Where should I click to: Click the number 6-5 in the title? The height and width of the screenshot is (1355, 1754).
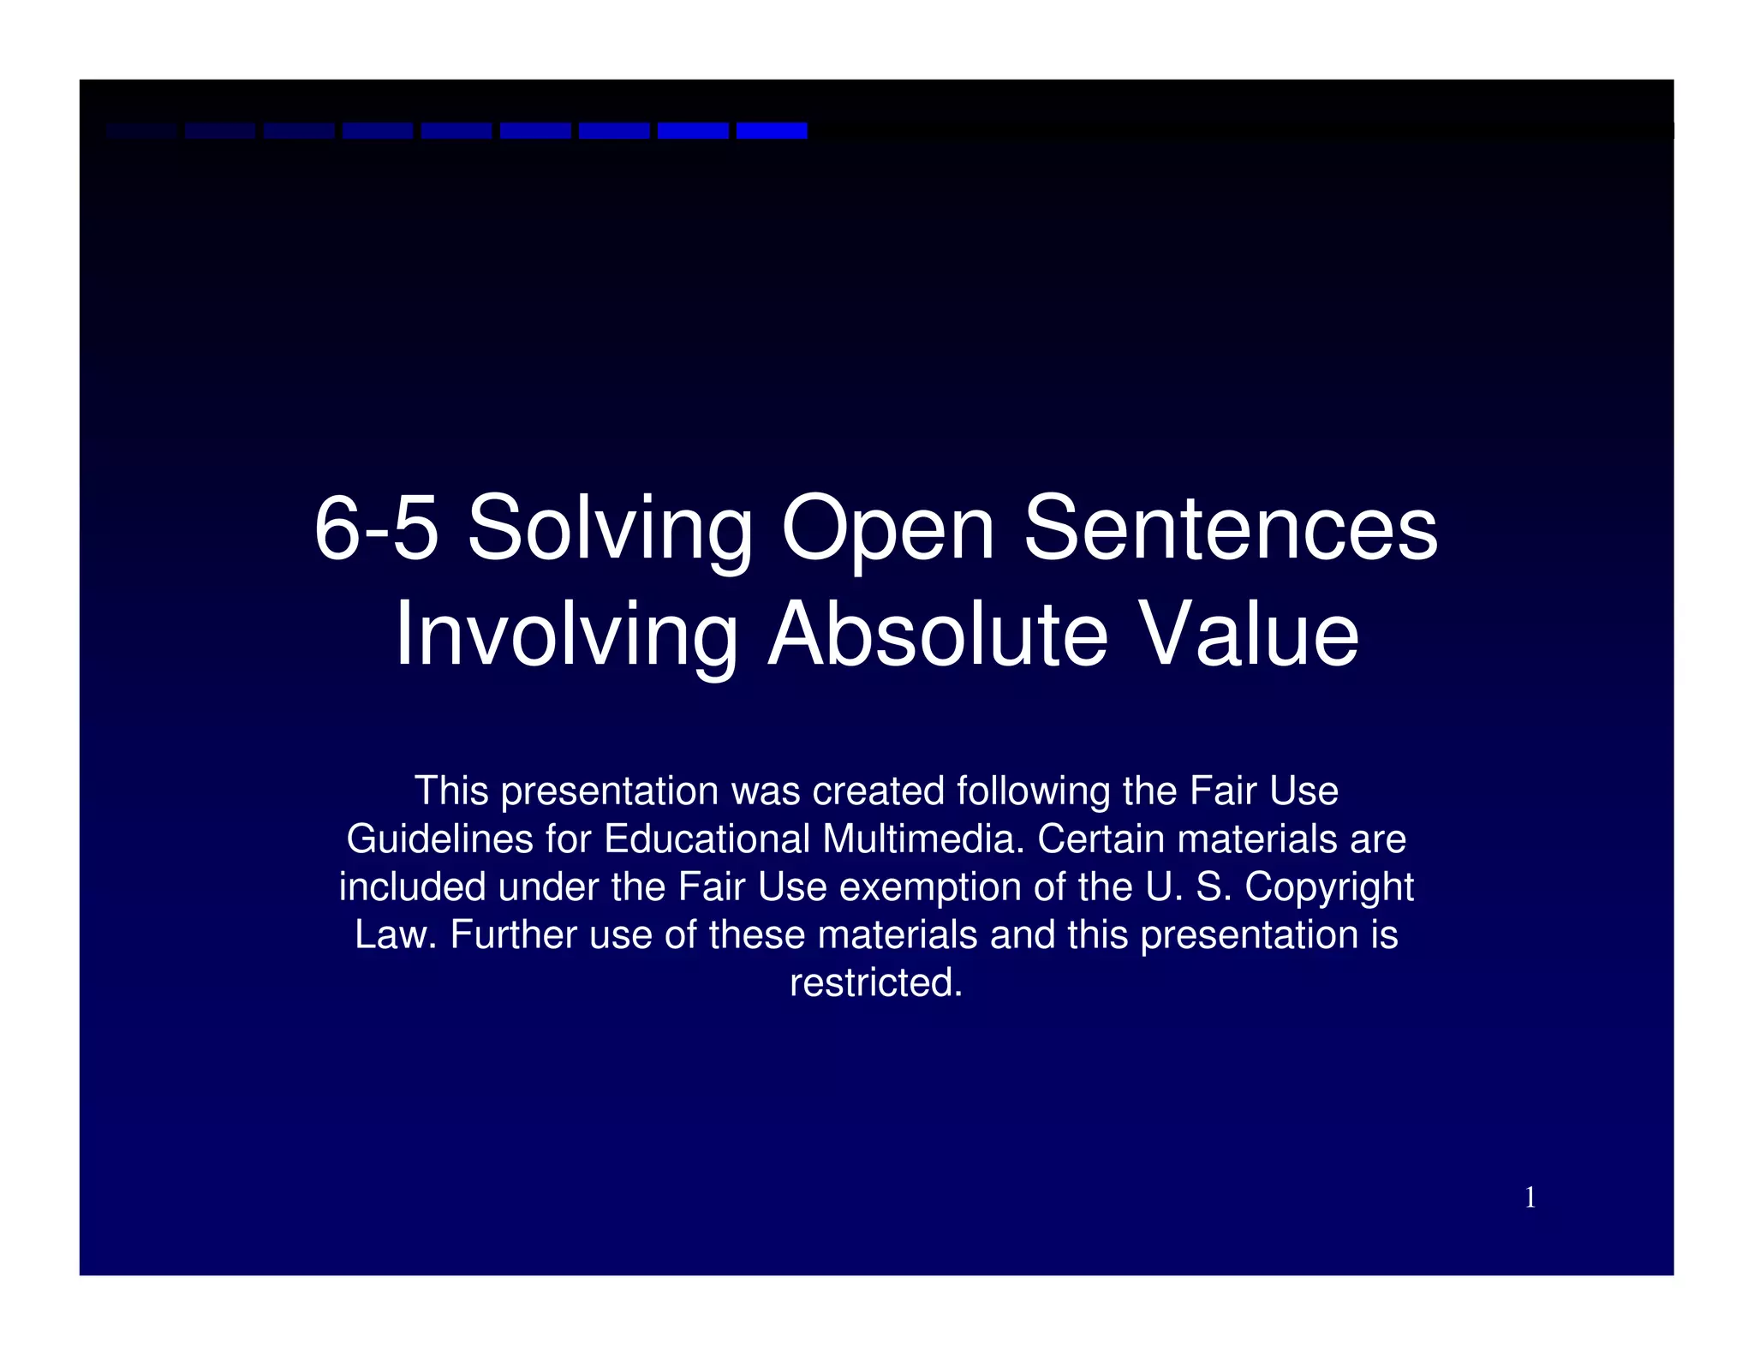pyautogui.click(x=376, y=528)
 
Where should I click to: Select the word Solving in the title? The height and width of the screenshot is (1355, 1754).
pyautogui.click(x=609, y=531)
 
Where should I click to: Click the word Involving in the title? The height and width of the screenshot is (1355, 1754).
pyautogui.click(x=566, y=636)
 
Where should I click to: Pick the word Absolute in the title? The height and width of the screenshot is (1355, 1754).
pyautogui.click(x=938, y=635)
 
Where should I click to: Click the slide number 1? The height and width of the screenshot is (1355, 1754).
pyautogui.click(x=1530, y=1197)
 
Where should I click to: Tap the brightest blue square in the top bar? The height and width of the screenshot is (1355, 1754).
pyautogui.click(x=772, y=130)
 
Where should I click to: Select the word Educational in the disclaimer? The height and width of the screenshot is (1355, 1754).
pyautogui.click(x=707, y=839)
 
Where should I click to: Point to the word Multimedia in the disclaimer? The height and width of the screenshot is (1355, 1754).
pyautogui.click(x=923, y=839)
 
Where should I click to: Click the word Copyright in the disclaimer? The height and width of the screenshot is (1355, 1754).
pyautogui.click(x=1328, y=888)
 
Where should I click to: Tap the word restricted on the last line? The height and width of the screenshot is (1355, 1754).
pyautogui.click(x=875, y=982)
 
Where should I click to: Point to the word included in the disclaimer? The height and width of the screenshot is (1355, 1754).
pyautogui.click(x=412, y=886)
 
